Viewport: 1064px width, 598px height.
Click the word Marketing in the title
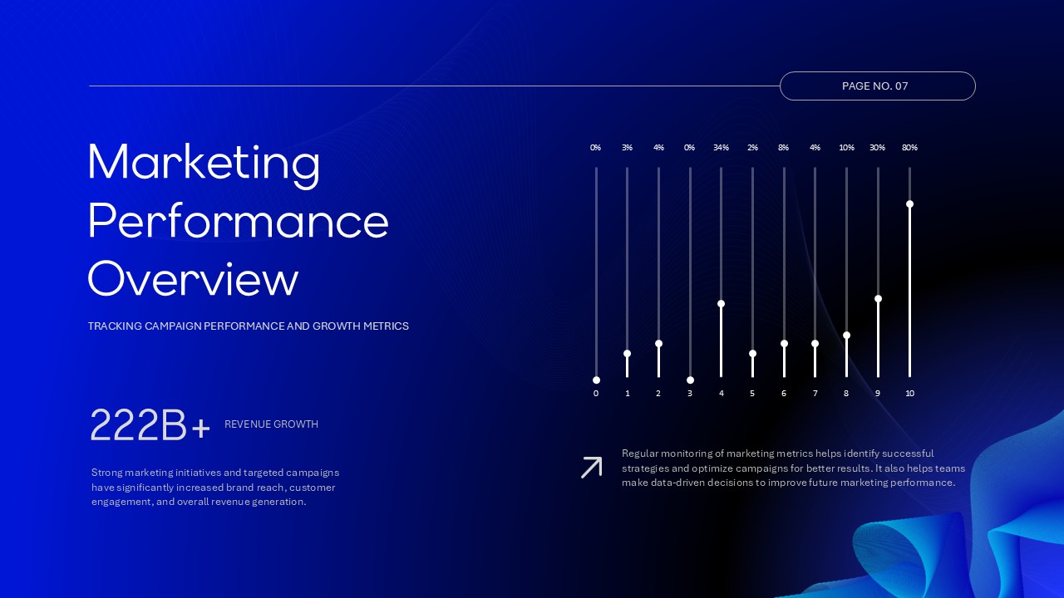tap(204, 162)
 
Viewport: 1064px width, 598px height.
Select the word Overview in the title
tap(193, 279)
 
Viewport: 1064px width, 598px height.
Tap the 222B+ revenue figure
tap(150, 425)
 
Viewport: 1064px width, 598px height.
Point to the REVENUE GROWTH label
tap(271, 424)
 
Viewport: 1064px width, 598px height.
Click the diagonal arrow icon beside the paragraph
tap(591, 468)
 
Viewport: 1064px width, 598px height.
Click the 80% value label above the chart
tap(909, 148)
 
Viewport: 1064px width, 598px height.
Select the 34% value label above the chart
tap(721, 148)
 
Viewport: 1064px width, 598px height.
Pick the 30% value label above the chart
tap(877, 148)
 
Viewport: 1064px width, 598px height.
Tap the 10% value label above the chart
tap(846, 148)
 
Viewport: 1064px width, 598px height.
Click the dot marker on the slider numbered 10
tap(909, 204)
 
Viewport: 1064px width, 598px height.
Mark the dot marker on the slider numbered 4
tap(721, 304)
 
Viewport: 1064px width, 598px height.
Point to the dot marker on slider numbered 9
tap(878, 299)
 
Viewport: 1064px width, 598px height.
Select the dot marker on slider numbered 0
tap(596, 380)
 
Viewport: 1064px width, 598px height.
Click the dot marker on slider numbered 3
tap(690, 380)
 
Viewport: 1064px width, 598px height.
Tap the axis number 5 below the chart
tap(752, 394)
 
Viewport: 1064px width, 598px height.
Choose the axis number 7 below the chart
tap(815, 394)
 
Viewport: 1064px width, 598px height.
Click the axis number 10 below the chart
tap(909, 394)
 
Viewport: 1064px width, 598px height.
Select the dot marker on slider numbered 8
tap(846, 336)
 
